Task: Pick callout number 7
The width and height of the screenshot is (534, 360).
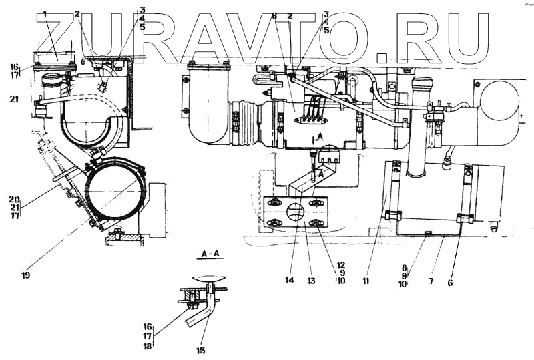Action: click(431, 282)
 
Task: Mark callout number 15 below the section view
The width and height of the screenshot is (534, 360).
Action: click(200, 350)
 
